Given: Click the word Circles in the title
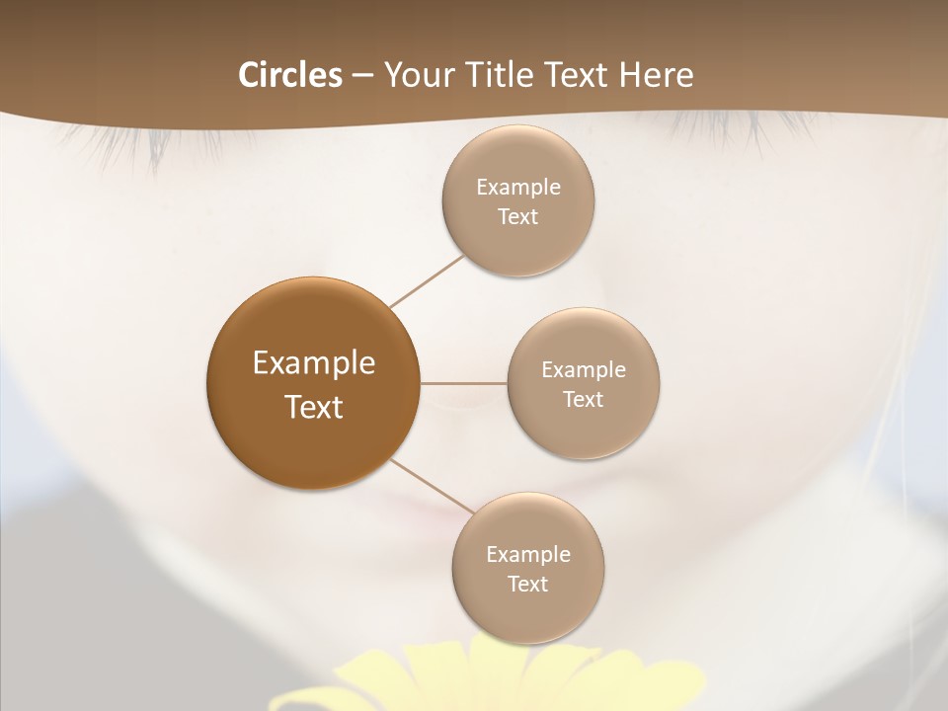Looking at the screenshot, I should click(x=289, y=75).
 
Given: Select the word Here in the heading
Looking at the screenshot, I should click(x=657, y=75).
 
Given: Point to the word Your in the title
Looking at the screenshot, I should click(x=418, y=75).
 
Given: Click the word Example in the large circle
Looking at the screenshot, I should click(x=314, y=363).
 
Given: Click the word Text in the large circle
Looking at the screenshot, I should click(x=314, y=407).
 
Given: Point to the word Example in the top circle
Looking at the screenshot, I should click(x=518, y=188).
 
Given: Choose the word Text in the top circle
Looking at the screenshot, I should click(x=518, y=217).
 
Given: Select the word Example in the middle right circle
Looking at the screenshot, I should click(x=584, y=370).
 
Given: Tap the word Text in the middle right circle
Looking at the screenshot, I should click(x=584, y=399).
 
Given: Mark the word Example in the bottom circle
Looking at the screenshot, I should click(x=528, y=555).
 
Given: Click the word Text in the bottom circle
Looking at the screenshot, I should click(x=528, y=584).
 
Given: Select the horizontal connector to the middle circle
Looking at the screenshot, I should click(x=464, y=383).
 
